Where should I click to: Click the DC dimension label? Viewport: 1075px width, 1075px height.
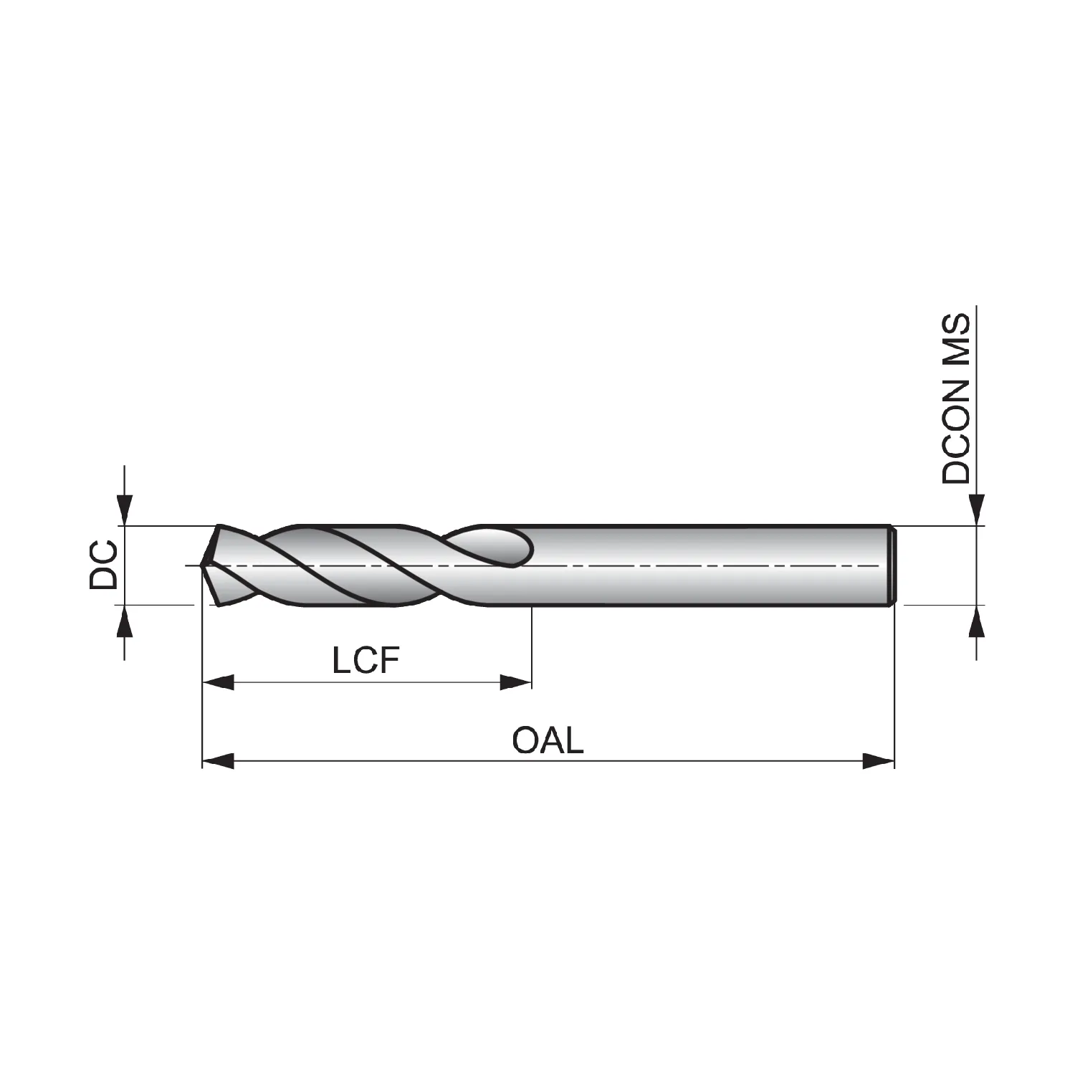[x=102, y=565]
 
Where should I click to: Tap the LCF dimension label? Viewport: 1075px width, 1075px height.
[x=365, y=660]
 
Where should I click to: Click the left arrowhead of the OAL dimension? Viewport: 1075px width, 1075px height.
[x=218, y=760]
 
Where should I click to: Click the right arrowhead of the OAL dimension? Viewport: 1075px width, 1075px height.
[x=879, y=760]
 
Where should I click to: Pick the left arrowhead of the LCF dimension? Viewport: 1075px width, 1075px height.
[x=218, y=682]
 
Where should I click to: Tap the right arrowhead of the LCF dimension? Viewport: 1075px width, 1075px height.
[x=516, y=682]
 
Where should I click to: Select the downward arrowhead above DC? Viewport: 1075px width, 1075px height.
[x=125, y=510]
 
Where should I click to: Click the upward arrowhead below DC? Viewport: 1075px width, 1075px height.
[x=125, y=621]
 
